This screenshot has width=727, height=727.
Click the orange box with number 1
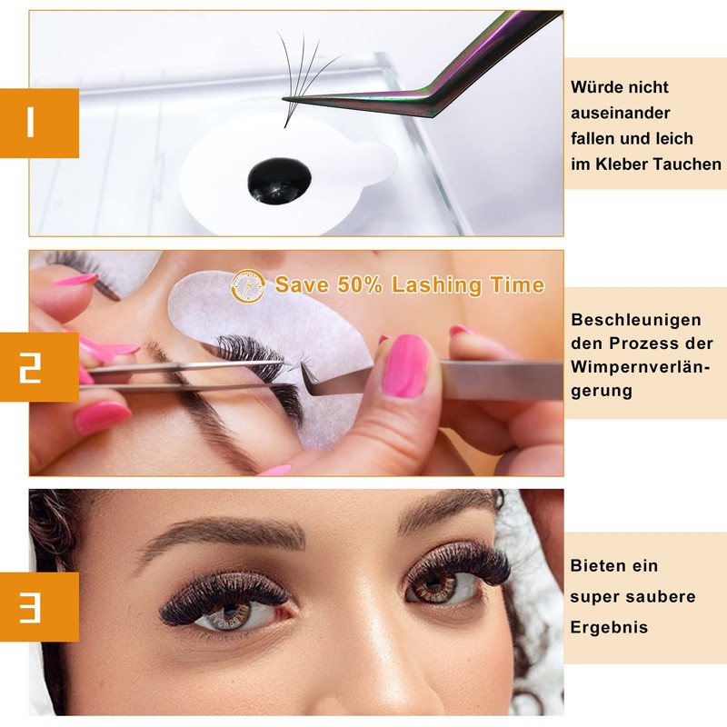[39, 123]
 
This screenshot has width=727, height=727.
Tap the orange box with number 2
[39, 367]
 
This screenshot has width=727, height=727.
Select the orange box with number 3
[39, 607]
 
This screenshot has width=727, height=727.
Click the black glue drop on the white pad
[279, 181]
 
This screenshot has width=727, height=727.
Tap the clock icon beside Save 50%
[248, 286]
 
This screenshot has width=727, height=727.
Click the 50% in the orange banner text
[360, 284]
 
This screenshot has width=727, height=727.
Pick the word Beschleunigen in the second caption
[636, 321]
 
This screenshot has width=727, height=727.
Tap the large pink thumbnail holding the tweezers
[405, 366]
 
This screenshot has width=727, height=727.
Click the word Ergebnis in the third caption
[609, 627]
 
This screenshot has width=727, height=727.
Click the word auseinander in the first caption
[621, 113]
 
